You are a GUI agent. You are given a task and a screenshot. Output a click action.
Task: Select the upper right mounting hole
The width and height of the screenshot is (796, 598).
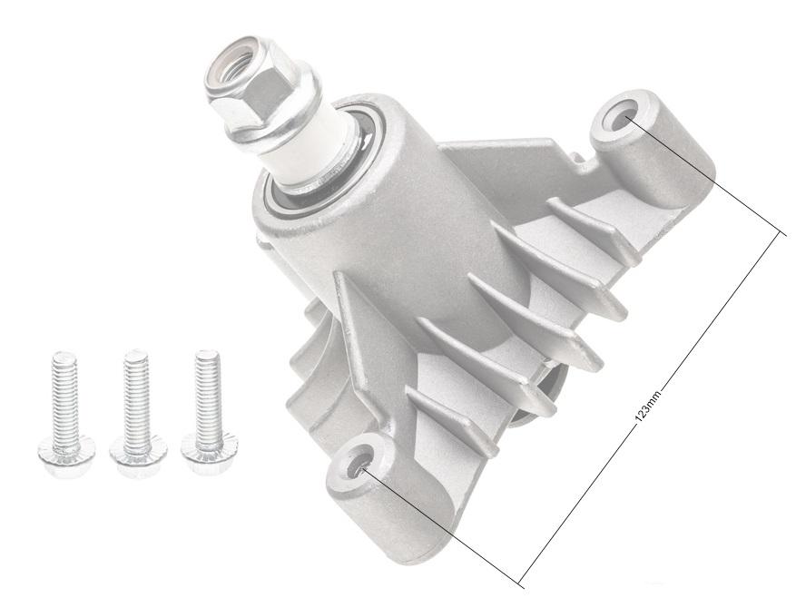click(625, 117)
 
